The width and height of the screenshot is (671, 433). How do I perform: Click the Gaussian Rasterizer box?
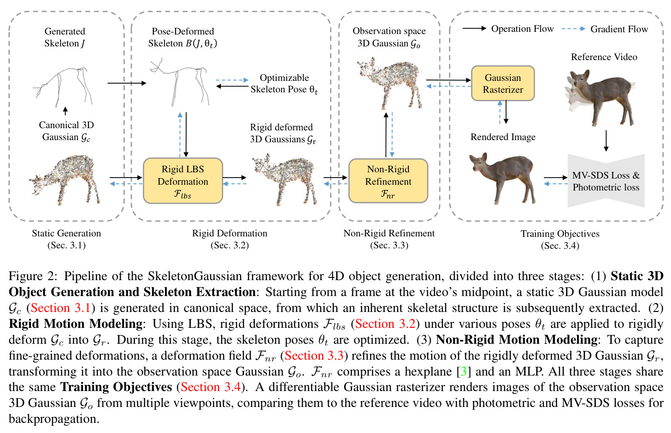tap(502, 84)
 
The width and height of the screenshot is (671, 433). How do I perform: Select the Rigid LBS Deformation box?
tap(183, 181)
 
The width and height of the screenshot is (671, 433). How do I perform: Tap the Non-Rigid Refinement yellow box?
tap(388, 181)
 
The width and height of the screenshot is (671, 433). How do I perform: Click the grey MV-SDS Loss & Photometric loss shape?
tap(606, 181)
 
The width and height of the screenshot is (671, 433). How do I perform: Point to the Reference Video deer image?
tap(600, 98)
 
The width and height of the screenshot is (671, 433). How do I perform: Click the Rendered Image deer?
tap(502, 179)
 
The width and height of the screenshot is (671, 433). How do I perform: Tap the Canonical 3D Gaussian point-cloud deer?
tap(64, 180)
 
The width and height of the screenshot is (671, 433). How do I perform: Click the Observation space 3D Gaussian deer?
tap(390, 83)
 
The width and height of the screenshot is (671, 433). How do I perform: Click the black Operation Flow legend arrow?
tap(475, 29)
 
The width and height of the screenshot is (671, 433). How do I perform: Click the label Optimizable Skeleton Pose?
tap(284, 84)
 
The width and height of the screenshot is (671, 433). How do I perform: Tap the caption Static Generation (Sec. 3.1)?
tap(67, 239)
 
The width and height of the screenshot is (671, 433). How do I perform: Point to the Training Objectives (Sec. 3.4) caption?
tap(560, 239)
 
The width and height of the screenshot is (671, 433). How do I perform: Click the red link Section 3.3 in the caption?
tap(314, 356)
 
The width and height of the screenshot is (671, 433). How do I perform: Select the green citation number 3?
tap(463, 372)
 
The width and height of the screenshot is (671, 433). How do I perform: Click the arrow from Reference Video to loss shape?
tap(606, 141)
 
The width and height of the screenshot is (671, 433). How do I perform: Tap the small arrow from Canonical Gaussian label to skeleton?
tap(65, 111)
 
